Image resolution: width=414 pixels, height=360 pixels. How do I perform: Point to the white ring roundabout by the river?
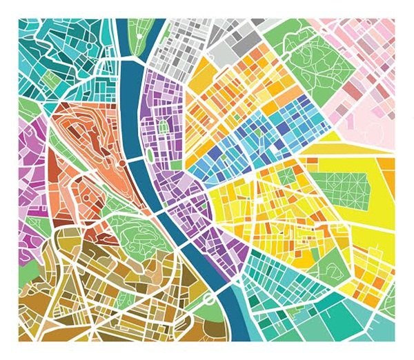click(x=208, y=297)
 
